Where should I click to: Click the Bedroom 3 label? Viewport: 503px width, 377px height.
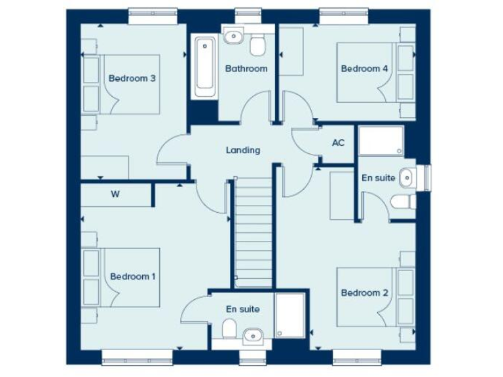click(x=132, y=79)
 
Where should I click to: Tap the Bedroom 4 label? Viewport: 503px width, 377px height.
click(x=360, y=69)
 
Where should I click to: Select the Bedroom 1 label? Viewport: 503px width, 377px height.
click(x=133, y=276)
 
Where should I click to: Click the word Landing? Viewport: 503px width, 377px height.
click(x=243, y=150)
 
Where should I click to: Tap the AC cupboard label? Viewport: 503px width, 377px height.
click(x=338, y=143)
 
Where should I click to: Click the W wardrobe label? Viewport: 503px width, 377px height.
click(x=115, y=194)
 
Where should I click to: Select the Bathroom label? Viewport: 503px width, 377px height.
click(x=246, y=69)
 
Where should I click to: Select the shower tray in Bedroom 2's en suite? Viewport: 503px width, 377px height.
click(x=382, y=140)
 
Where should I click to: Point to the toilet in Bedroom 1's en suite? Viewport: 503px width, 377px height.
click(x=229, y=329)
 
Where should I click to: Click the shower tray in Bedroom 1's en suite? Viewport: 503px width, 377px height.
click(x=290, y=315)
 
